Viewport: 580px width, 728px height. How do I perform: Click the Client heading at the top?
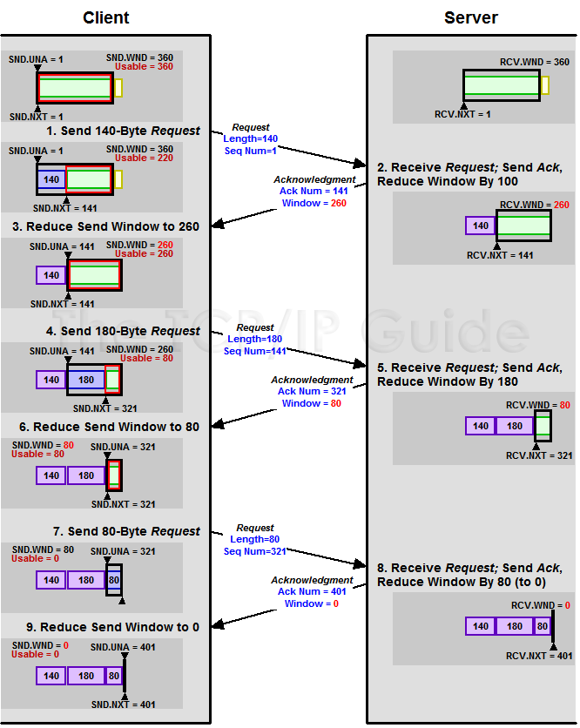(106, 17)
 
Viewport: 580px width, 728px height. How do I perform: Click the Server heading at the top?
(471, 17)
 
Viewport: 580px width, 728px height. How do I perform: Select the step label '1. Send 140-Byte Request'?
(123, 131)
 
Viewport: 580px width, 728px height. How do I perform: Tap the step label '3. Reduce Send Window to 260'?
(105, 226)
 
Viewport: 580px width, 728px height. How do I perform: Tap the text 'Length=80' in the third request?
(254, 539)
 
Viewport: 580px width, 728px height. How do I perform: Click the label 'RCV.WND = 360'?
(535, 62)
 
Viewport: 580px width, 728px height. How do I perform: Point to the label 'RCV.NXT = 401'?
(539, 656)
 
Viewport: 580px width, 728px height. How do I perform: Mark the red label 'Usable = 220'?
(144, 158)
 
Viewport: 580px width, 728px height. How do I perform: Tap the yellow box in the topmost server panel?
(545, 85)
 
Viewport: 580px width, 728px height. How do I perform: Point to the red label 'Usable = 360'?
(144, 67)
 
